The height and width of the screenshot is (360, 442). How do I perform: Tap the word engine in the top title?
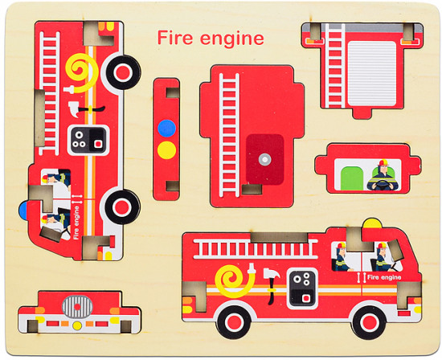232,39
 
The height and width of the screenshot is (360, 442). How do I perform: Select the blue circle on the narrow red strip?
166,129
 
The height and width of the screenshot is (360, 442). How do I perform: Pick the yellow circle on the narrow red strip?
166,150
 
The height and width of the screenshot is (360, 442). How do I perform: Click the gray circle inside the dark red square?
264,159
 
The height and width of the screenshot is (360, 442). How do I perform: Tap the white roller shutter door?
372,74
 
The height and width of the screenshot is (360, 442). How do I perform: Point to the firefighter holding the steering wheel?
383,176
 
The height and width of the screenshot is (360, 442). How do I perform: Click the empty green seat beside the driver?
352,178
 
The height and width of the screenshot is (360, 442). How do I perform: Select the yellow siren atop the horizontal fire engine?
372,223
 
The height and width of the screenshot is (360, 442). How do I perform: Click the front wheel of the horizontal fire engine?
368,322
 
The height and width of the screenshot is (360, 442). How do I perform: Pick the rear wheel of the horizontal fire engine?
234,322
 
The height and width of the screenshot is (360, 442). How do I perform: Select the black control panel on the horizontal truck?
303,288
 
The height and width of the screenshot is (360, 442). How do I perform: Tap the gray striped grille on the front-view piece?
77,307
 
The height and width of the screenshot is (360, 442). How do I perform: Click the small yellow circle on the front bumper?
77,325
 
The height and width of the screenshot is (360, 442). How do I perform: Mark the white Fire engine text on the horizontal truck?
384,277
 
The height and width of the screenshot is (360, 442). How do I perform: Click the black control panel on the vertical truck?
88,140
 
